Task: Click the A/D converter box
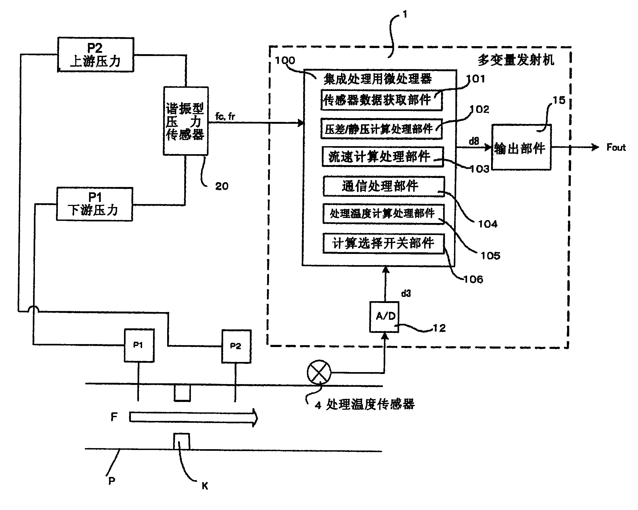(384, 317)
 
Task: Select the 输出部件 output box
(521, 148)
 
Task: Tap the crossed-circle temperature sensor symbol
(319, 372)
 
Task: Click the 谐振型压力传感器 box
(186, 121)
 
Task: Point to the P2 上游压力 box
(96, 55)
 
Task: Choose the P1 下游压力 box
(94, 204)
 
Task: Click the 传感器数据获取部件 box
(382, 100)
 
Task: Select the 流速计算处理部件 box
(383, 157)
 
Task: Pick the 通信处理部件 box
(384, 186)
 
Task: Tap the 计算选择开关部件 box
(383, 244)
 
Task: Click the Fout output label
(616, 148)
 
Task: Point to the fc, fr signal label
(225, 117)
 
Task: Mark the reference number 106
(473, 279)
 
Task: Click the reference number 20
(222, 186)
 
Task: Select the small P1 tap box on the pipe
(139, 345)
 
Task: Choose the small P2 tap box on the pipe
(236, 346)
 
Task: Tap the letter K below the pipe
(205, 486)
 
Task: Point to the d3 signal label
(406, 293)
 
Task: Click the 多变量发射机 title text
(516, 60)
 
